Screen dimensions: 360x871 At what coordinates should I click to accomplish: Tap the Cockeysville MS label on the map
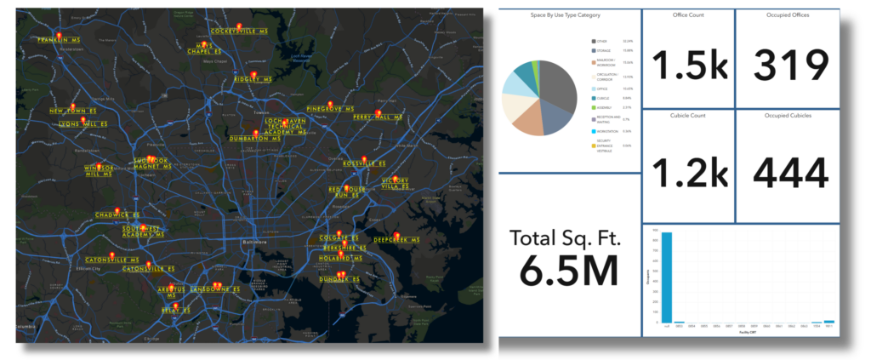[232, 31]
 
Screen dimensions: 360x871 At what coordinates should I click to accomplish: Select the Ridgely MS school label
[253, 79]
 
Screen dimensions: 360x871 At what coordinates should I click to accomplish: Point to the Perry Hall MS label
[377, 117]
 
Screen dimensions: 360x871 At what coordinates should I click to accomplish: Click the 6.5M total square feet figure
[568, 271]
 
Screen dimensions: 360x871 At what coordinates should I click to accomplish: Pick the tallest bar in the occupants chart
[668, 277]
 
